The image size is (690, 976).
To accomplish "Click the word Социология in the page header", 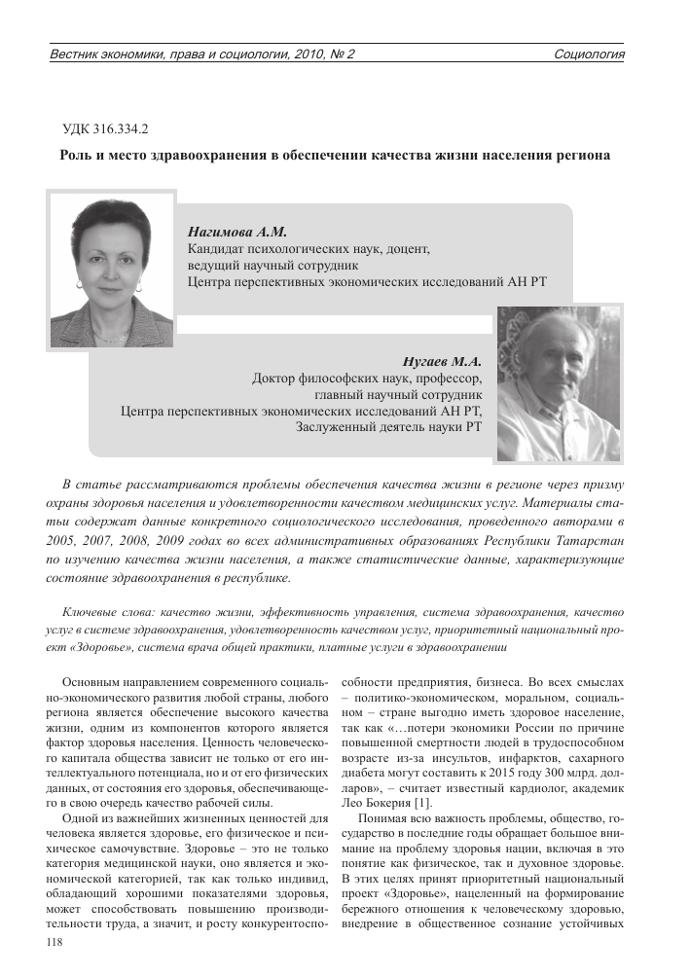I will [589, 54].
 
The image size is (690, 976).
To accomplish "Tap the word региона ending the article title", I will [583, 155].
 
